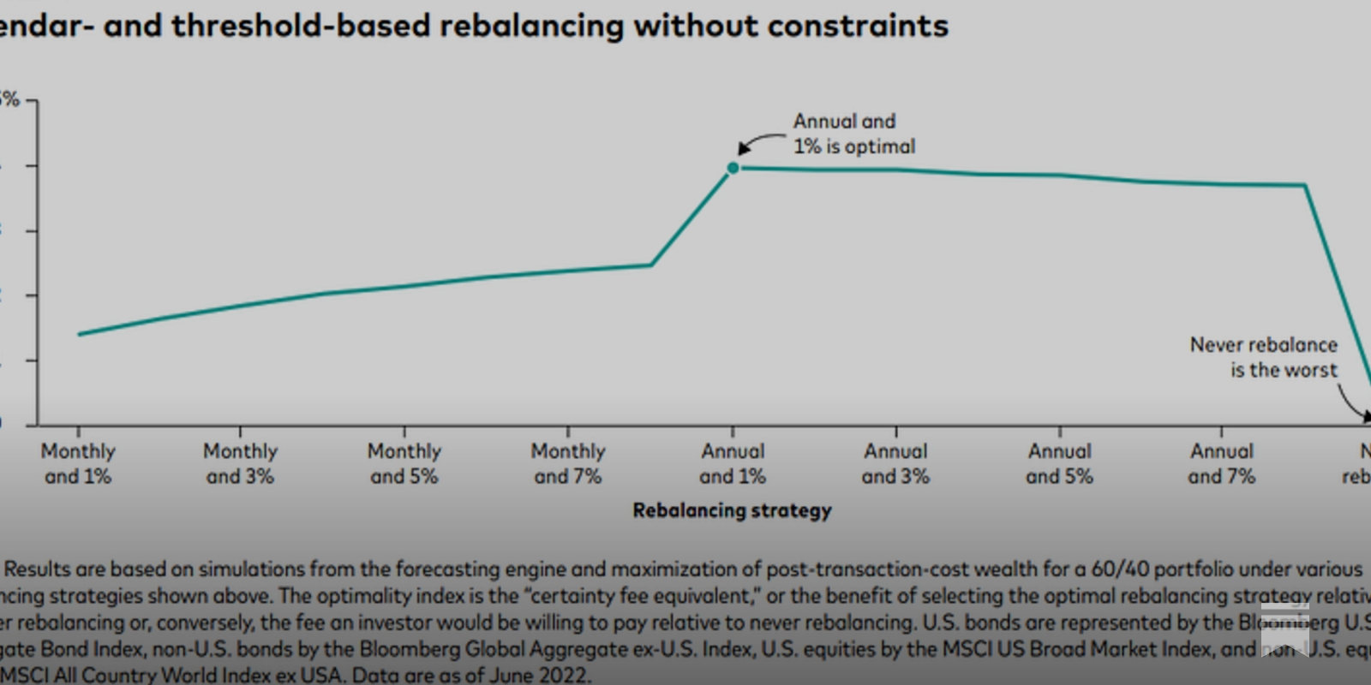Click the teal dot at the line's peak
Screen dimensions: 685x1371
[x=733, y=168]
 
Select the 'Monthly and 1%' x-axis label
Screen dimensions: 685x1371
[x=78, y=463]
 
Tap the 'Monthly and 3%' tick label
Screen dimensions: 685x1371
[x=240, y=463]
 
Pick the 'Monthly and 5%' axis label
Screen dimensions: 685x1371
[x=404, y=463]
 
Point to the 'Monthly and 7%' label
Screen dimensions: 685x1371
[x=567, y=463]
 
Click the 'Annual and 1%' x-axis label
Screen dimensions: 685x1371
[x=733, y=463]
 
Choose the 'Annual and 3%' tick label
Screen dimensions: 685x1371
[x=895, y=463]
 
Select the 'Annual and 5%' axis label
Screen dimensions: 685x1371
[x=1059, y=463]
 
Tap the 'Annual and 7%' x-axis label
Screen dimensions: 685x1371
[x=1221, y=463]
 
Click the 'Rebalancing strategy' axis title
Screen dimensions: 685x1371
[x=732, y=510]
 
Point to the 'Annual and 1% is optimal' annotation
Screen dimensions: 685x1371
[x=853, y=134]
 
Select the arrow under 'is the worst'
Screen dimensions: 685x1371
[x=1352, y=402]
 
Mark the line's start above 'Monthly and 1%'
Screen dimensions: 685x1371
[x=80, y=334]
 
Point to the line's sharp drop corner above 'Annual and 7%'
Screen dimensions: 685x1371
[x=1305, y=185]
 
